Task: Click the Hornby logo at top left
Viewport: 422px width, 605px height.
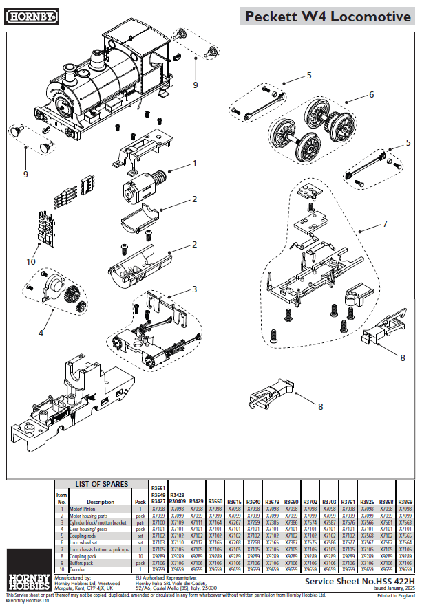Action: pos(32,14)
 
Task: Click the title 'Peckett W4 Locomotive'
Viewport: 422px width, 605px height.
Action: pos(328,16)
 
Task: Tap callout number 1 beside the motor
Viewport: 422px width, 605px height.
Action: pos(195,164)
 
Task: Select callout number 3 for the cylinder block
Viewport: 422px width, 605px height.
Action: pos(195,289)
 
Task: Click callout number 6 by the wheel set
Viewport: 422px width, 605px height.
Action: pos(371,94)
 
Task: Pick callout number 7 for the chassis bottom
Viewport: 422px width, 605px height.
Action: pos(385,224)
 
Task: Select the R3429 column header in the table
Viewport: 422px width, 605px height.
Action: pos(196,502)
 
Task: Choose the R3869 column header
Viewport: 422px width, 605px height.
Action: pos(405,502)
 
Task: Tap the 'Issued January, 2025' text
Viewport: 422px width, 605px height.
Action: pos(389,588)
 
